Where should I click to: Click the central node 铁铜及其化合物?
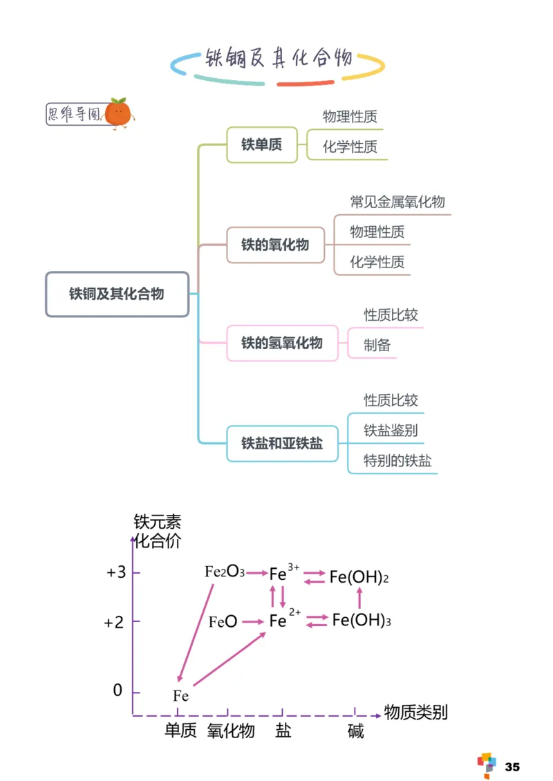[117, 294]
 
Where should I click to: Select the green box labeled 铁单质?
[262, 144]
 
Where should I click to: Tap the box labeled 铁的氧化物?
[275, 245]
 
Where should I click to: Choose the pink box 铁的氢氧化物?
[282, 343]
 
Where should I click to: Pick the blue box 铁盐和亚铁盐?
[282, 443]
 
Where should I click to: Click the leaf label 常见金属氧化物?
[397, 202]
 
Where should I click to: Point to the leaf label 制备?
[377, 345]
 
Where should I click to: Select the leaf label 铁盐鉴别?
[391, 431]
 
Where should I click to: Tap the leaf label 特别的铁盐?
[397, 460]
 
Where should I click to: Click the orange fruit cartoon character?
[120, 112]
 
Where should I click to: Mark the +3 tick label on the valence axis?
[115, 572]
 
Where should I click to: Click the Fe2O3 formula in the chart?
[225, 572]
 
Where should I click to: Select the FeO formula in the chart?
[223, 621]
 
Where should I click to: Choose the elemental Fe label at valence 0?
[180, 695]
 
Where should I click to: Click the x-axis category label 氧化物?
[231, 731]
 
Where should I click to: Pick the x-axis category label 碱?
[355, 731]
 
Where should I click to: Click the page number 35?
[512, 766]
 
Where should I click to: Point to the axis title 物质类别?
[416, 712]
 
